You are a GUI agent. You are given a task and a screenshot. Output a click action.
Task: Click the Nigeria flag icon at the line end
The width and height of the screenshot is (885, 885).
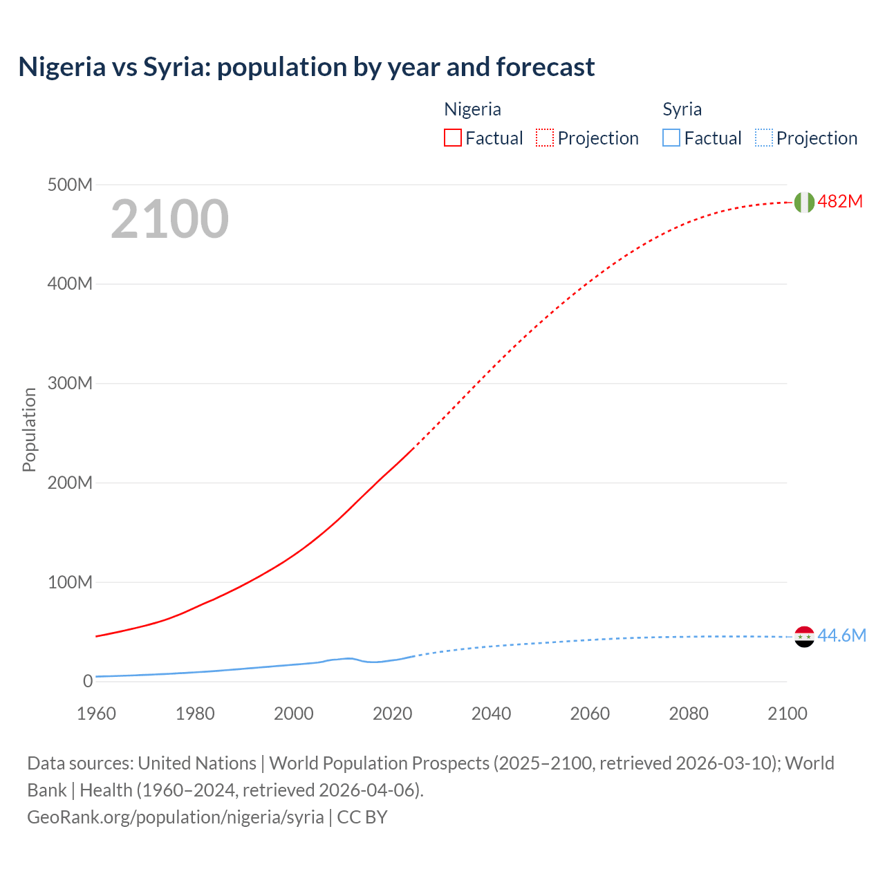(804, 202)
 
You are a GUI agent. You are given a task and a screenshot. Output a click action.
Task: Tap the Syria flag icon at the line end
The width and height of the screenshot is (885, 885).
(804, 637)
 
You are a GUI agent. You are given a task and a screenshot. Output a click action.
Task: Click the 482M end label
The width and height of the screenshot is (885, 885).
(840, 201)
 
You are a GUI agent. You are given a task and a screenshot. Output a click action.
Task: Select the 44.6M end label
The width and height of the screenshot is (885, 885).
(841, 635)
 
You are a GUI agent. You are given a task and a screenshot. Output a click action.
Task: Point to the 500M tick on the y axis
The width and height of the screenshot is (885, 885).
(70, 185)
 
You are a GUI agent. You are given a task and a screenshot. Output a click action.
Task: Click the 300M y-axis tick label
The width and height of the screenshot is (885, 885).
(70, 384)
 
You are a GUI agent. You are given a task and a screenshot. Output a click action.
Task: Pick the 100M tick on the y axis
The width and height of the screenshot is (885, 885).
(70, 582)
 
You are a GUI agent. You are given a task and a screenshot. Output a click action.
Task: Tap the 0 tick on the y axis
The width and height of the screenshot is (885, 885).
(87, 681)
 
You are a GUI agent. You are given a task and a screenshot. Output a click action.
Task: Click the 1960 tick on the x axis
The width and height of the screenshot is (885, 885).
(96, 714)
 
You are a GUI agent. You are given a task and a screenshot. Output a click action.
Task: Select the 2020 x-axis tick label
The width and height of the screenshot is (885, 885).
(392, 714)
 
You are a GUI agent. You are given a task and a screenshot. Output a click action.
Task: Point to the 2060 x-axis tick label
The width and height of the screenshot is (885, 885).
(590, 714)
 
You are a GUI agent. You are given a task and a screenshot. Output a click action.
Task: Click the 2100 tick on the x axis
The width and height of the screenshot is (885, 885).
(787, 714)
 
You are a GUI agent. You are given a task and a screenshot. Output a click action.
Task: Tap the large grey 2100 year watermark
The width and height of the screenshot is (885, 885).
(169, 219)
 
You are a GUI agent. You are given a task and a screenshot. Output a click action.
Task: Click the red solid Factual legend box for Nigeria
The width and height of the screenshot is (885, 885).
(452, 138)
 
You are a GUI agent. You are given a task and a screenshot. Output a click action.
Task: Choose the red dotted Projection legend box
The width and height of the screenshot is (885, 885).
(545, 138)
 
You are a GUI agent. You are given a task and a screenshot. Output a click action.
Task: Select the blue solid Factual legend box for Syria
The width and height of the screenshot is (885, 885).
(671, 138)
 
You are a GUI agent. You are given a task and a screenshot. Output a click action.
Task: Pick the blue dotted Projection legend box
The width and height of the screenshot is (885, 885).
(763, 138)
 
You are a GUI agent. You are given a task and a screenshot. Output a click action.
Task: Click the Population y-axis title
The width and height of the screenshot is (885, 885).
(29, 429)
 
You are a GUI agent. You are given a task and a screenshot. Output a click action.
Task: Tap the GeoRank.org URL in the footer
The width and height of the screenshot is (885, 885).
(176, 817)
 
